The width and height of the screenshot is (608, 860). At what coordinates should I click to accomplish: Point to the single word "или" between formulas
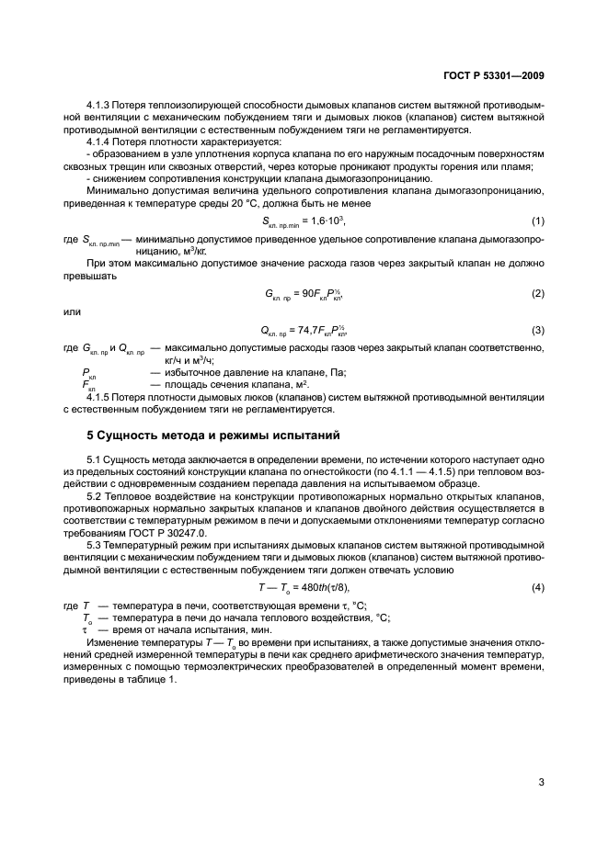[72, 310]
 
